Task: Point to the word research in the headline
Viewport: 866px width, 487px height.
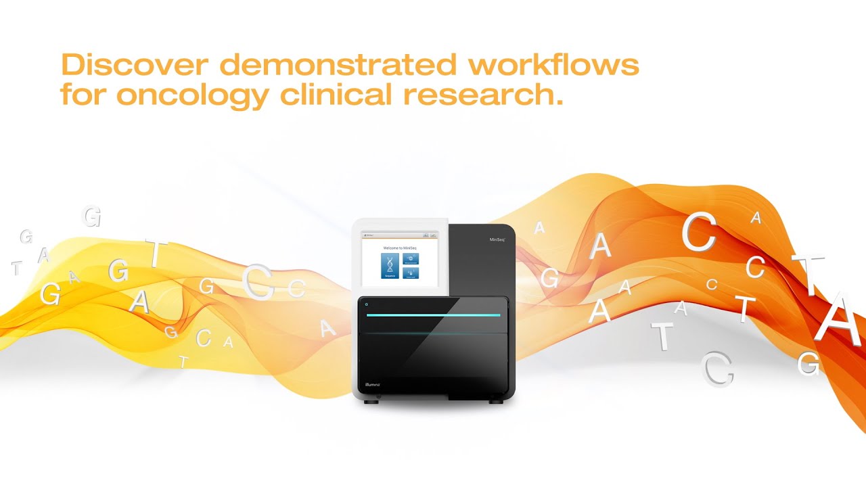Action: coord(483,95)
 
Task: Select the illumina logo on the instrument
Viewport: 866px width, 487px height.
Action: coord(372,384)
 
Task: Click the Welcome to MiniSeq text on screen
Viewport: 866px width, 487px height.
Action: coord(399,248)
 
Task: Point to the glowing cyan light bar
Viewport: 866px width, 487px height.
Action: coord(433,315)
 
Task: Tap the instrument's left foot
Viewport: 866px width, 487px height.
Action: coord(370,401)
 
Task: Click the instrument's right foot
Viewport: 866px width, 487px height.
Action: coord(497,401)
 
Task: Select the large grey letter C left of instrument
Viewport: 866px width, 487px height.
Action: coord(258,283)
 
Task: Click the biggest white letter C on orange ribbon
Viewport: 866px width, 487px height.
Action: coord(698,233)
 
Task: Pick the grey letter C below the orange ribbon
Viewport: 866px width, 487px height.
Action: coord(717,369)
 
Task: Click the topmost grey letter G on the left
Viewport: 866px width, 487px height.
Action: coord(91,216)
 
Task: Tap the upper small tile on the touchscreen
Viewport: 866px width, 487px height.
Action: coord(411,258)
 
